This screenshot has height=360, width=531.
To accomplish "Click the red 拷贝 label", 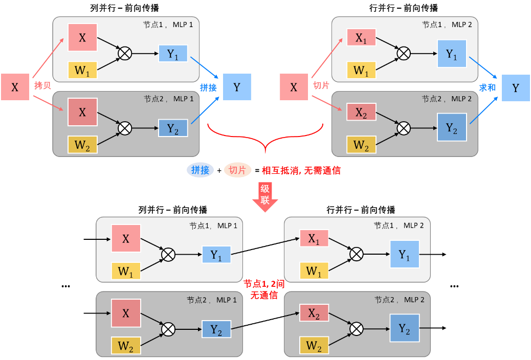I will [42, 85].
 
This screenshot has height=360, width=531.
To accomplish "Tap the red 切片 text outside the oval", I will [321, 85].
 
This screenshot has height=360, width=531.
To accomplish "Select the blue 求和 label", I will [488, 87].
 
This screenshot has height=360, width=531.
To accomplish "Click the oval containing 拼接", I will [201, 170].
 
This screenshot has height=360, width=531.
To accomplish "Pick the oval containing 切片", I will [237, 170].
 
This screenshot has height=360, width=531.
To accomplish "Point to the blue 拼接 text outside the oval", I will [208, 87].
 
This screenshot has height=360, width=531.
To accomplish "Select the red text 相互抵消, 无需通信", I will [301, 171].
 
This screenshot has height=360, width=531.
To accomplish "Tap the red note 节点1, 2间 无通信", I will [263, 289].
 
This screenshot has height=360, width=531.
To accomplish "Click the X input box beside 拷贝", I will [15, 87].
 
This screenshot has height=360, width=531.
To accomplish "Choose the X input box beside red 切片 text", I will [294, 87].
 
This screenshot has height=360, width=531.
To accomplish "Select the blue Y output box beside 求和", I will [516, 87].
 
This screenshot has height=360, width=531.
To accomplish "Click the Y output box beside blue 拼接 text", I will [237, 87].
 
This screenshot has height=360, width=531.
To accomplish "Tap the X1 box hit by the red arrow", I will [361, 38].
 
